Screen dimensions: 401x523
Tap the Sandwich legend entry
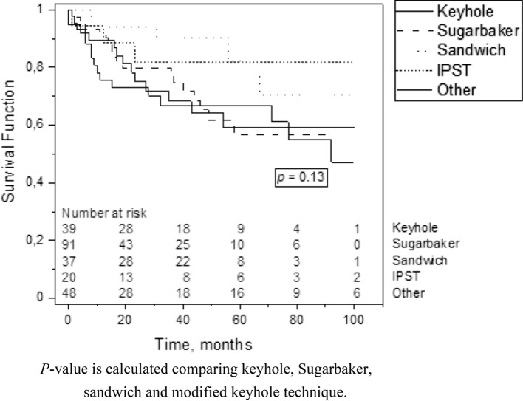(x=471, y=50)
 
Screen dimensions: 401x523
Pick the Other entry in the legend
(x=456, y=89)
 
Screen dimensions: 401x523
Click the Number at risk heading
(x=104, y=213)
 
